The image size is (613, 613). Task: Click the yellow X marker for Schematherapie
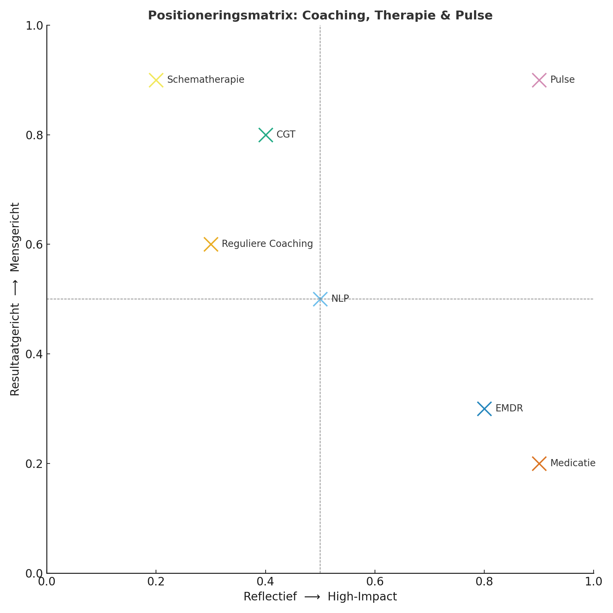(156, 80)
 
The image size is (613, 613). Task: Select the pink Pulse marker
(539, 80)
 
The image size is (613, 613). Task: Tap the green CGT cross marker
(266, 135)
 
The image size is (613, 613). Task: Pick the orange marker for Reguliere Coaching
(211, 245)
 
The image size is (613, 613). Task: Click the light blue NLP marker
(320, 299)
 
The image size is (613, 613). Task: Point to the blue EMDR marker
(484, 409)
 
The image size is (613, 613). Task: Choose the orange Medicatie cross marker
(539, 463)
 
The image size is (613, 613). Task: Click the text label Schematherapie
(206, 80)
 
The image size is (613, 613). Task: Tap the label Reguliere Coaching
(267, 244)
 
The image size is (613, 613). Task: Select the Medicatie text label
(573, 463)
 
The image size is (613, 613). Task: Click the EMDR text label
(509, 408)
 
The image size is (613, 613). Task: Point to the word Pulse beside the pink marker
(562, 80)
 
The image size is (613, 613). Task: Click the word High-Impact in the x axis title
(362, 597)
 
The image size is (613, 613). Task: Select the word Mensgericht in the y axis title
(15, 238)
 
